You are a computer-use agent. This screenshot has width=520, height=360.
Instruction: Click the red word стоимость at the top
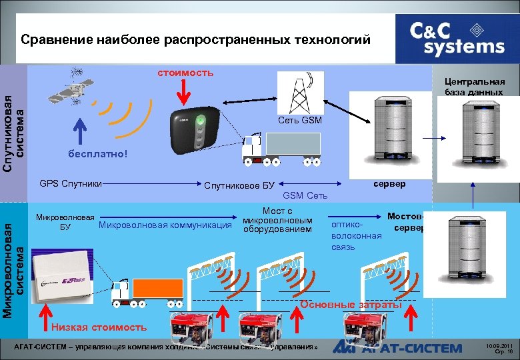186,72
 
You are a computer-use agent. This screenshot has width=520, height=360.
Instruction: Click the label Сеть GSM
300,121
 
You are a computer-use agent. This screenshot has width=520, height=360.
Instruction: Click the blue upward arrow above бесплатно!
79,131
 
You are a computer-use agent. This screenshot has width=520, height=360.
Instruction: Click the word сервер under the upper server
387,183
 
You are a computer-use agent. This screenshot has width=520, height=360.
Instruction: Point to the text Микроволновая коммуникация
165,225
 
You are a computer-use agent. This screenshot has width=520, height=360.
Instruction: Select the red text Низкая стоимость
99,327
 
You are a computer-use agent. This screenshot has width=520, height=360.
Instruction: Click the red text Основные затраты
351,304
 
